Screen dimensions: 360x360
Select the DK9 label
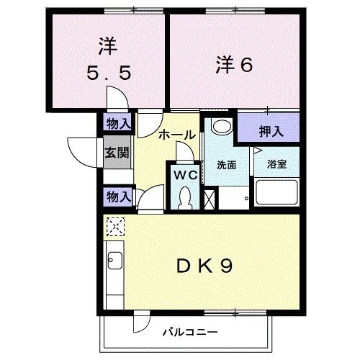tap(204, 266)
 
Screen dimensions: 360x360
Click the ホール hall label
tap(174, 134)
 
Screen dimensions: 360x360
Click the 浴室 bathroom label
tap(277, 164)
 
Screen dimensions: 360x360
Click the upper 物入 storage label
tap(117, 123)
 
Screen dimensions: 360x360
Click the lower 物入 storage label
tap(117, 195)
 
